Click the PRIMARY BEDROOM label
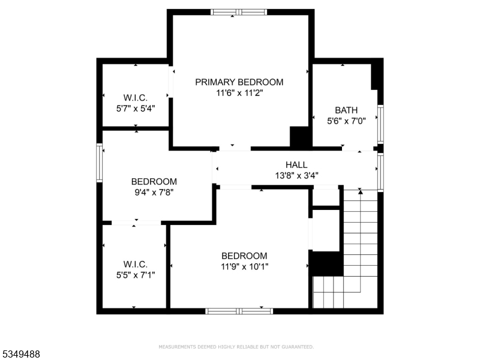click(x=239, y=82)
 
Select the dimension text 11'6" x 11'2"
click(x=239, y=93)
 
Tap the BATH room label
click(x=346, y=110)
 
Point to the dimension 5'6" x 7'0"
click(x=346, y=121)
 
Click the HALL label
click(x=296, y=165)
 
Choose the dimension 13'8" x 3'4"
click(x=296, y=176)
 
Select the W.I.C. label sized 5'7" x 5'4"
click(x=136, y=98)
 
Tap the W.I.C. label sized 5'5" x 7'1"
click(x=136, y=264)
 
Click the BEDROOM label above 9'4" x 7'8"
click(x=154, y=182)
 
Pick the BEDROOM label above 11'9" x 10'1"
click(x=244, y=256)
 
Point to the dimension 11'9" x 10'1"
click(x=244, y=266)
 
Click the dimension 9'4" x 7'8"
click(x=154, y=193)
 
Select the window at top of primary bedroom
click(x=239, y=12)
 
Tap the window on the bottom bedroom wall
click(x=239, y=311)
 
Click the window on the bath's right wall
click(x=380, y=124)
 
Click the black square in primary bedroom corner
click(x=299, y=137)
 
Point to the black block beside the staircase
click(x=326, y=263)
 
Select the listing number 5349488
click(x=21, y=355)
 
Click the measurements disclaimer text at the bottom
click(x=236, y=347)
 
